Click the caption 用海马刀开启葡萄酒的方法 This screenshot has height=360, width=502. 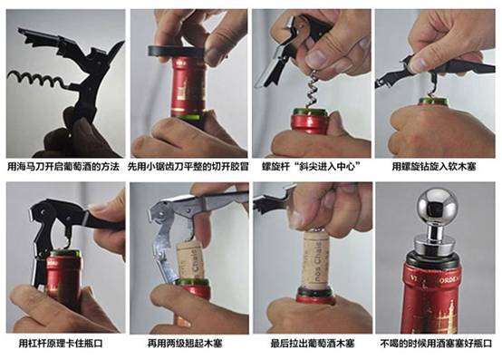pos(63,167)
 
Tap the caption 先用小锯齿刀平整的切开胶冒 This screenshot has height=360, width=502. pos(188,167)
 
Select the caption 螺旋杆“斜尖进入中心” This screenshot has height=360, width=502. pos(311,167)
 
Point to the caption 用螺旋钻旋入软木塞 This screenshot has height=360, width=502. pos(434,167)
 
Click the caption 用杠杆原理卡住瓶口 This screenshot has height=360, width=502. pos(61,344)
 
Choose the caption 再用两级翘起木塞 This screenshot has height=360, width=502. pos(185,344)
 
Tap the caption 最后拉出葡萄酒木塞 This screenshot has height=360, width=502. pos(313,344)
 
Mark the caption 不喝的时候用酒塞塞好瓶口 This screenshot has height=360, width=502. pos(436,344)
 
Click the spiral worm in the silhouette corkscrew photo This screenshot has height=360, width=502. pos(38,79)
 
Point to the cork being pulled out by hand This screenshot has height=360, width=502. pos(316,258)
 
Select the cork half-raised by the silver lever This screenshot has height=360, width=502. pos(190,260)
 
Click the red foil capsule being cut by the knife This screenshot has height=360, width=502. pos(188,87)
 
